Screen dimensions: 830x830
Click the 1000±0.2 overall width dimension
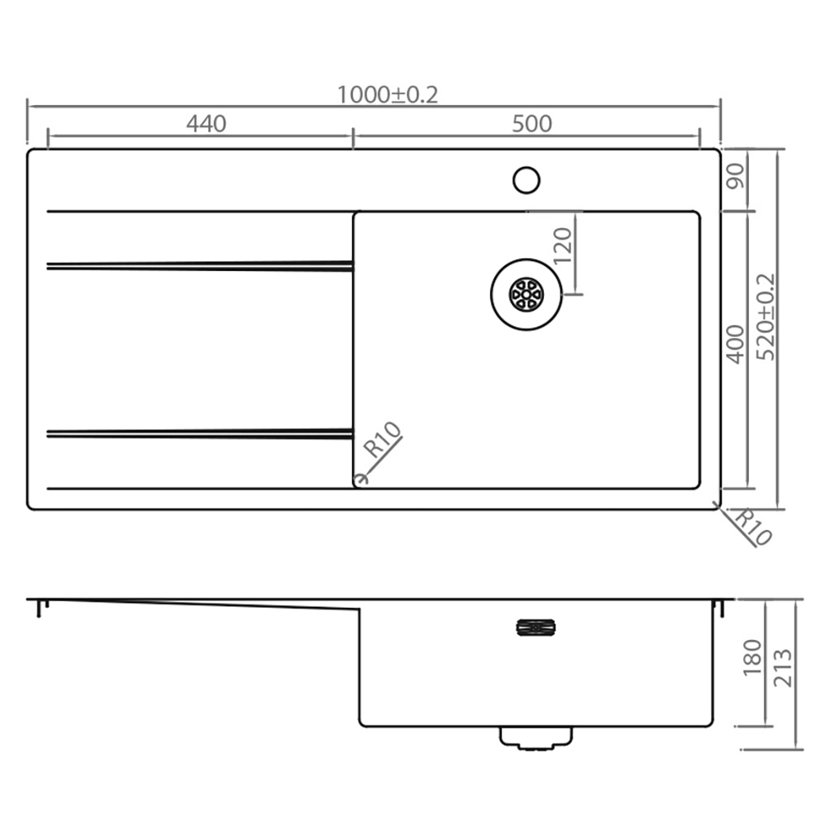pos(387,95)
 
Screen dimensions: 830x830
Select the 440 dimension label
pos(206,124)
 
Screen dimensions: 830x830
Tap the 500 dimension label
pos(532,124)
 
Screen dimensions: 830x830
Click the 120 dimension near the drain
pos(562,246)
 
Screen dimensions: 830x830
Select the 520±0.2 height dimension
pos(766,317)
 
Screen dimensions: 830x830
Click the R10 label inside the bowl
pos(383,441)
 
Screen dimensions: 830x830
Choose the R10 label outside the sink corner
pos(752,527)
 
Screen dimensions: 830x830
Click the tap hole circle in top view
pos(526,179)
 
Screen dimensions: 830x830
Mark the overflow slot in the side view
pos(536,627)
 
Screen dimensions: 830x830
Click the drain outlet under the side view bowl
pos(536,737)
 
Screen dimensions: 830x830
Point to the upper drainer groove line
pos(198,265)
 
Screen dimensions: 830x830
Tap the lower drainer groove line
pos(198,433)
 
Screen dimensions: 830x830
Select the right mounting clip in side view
pos(719,608)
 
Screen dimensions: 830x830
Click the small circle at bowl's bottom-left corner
pos(359,479)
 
